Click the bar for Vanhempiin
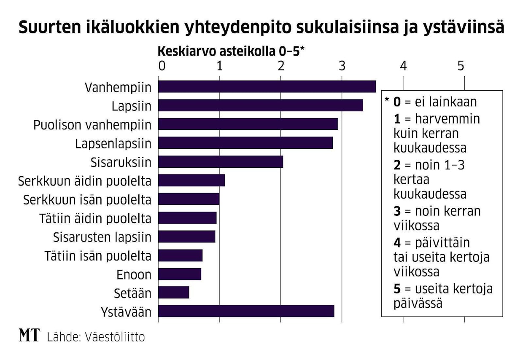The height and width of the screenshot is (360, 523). (x=267, y=86)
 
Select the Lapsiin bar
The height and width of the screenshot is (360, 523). (x=261, y=105)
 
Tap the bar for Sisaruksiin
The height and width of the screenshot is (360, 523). (x=221, y=162)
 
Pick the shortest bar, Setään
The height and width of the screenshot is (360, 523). (x=174, y=292)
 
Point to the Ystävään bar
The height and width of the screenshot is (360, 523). (x=246, y=311)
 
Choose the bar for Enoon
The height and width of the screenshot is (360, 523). (x=180, y=274)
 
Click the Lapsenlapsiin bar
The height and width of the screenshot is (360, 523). (x=245, y=143)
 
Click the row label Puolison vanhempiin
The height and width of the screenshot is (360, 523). (x=92, y=125)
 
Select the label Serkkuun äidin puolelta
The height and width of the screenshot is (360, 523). (x=84, y=181)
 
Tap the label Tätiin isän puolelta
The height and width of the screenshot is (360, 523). (x=97, y=255)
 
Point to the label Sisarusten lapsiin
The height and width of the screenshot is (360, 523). (x=102, y=237)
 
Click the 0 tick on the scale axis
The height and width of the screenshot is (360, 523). (x=161, y=66)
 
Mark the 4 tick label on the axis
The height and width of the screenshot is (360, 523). (x=403, y=66)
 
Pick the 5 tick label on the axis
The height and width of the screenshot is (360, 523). (x=461, y=66)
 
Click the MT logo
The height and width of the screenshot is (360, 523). (x=30, y=336)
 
